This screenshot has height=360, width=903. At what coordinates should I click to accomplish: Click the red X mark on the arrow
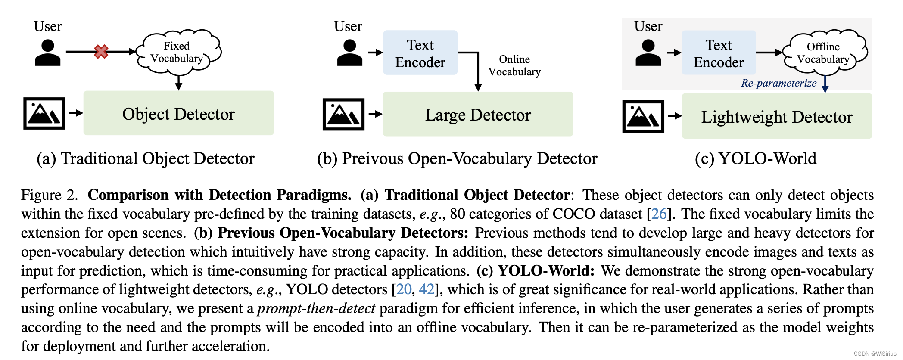point(101,52)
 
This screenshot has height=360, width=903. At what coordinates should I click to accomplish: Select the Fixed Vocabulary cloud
point(177,52)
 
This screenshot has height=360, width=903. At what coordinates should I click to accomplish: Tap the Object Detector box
point(178,113)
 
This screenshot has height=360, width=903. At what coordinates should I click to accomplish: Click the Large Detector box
point(478,115)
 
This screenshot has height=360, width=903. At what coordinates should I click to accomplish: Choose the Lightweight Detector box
point(776,116)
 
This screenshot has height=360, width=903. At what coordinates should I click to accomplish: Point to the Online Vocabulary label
point(514,65)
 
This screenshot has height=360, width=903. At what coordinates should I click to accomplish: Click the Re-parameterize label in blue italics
point(778,83)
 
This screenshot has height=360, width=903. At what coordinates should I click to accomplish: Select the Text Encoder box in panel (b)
point(420,53)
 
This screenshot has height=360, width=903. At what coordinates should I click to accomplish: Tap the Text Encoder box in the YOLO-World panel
point(719,53)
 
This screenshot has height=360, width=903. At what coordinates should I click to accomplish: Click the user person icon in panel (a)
point(47,53)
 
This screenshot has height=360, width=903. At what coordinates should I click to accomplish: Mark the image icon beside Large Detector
point(343,115)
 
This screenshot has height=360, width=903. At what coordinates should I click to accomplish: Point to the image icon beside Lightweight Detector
point(643,116)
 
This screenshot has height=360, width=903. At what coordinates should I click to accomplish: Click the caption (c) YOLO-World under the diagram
point(755,158)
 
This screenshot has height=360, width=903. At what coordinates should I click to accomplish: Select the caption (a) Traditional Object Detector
point(146,158)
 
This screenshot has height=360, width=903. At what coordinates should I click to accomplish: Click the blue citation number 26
point(659,214)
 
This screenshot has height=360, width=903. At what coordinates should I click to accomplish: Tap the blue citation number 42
point(427,289)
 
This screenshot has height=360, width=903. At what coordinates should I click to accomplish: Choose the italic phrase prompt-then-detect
point(316,308)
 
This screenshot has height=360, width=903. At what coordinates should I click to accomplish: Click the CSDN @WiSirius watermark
point(875,354)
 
